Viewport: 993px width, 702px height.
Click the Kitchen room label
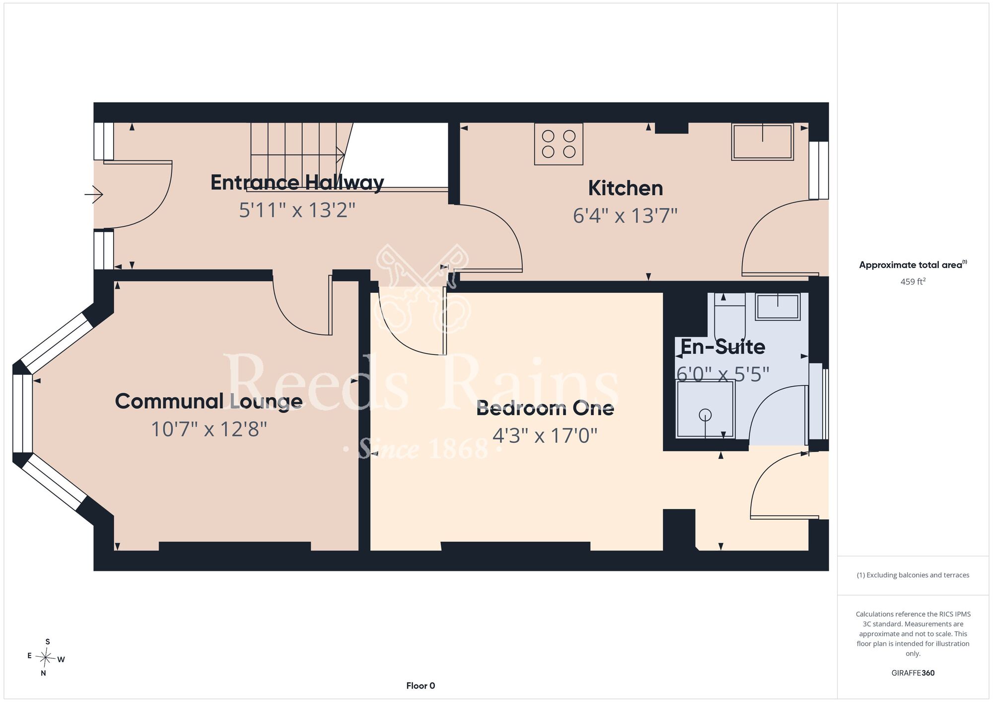coord(626,188)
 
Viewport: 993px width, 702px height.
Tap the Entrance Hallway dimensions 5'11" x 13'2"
coord(297,210)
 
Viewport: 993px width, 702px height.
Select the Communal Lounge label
coord(209,401)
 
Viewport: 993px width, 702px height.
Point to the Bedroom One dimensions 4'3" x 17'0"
coord(545,435)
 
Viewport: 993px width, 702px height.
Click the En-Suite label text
coord(722,347)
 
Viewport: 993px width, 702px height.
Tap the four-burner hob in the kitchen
coord(559,144)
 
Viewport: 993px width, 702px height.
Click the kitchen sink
coord(763,141)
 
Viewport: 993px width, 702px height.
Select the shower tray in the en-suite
coord(705,409)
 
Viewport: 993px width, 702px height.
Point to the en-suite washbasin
coord(778,306)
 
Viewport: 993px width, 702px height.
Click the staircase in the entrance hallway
coord(298,155)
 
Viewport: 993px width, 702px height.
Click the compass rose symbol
coord(46,658)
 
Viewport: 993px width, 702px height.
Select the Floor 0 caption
coord(421,686)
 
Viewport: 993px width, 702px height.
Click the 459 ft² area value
coord(913,281)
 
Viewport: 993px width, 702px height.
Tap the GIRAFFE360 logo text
coord(913,673)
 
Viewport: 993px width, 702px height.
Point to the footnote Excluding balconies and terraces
coord(913,575)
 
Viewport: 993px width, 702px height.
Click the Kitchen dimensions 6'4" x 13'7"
coord(626,216)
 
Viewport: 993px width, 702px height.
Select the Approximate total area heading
coord(913,265)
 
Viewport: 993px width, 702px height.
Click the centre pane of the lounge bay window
coord(22,414)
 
